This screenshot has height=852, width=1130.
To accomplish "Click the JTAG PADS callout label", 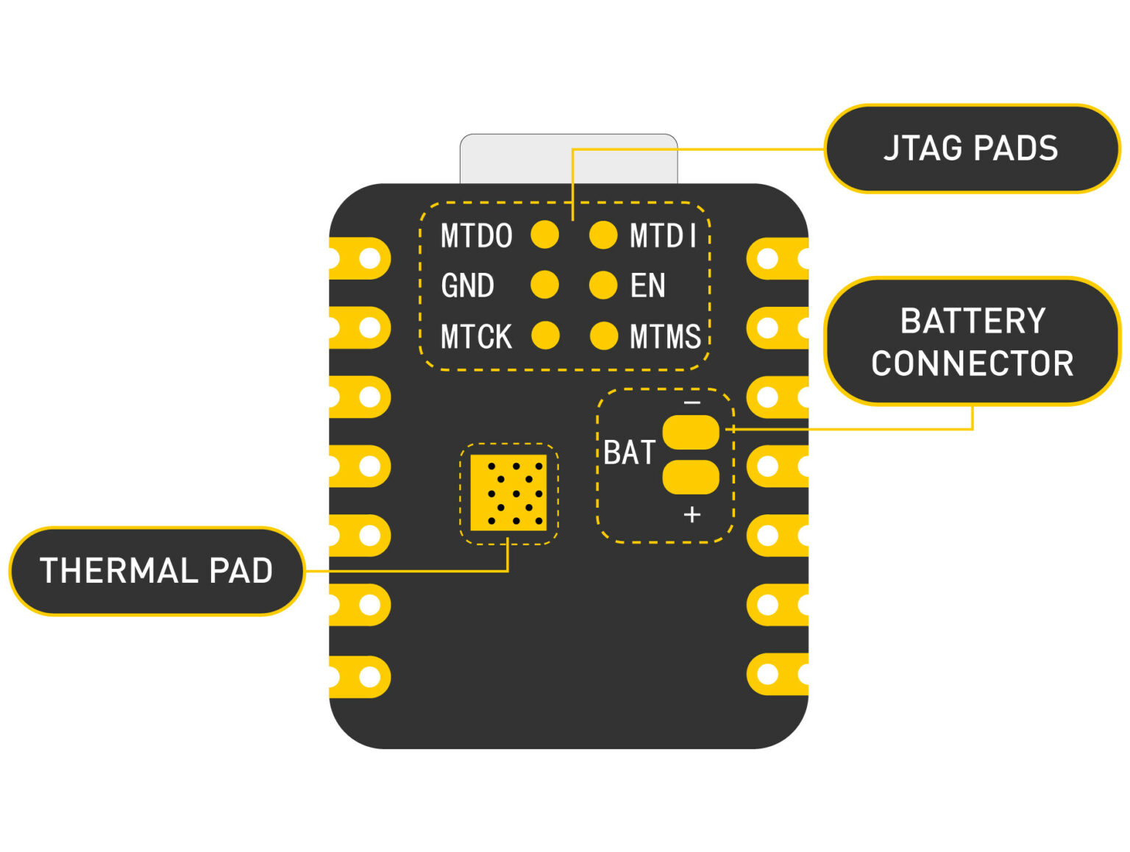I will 971,149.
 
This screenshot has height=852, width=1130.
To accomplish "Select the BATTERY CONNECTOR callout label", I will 972,341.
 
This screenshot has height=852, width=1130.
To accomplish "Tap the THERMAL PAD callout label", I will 156,571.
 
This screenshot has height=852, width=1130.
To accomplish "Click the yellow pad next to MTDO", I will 544,235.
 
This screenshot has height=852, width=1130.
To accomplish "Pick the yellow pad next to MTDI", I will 603,235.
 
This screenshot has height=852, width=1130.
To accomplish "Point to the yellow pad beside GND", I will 544,285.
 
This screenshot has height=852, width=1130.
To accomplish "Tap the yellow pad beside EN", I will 603,285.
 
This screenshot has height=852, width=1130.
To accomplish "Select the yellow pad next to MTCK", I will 545,336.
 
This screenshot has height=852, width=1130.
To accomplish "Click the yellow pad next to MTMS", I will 604,336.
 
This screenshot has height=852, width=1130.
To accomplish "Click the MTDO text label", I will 476,236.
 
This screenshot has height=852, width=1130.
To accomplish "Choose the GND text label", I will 467,285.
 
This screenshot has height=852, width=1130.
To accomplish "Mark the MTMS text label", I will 665,337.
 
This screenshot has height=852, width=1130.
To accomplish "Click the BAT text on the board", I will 629,452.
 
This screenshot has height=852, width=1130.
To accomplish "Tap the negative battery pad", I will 691,433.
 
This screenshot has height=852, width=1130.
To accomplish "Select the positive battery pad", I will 691,477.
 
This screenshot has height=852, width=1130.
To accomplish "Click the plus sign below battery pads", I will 692,514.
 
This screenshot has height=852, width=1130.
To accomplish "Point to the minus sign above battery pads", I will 692,403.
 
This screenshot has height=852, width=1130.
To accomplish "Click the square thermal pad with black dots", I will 508,492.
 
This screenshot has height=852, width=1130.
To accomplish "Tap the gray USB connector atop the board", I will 569,159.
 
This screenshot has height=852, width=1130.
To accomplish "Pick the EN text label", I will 647,285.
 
